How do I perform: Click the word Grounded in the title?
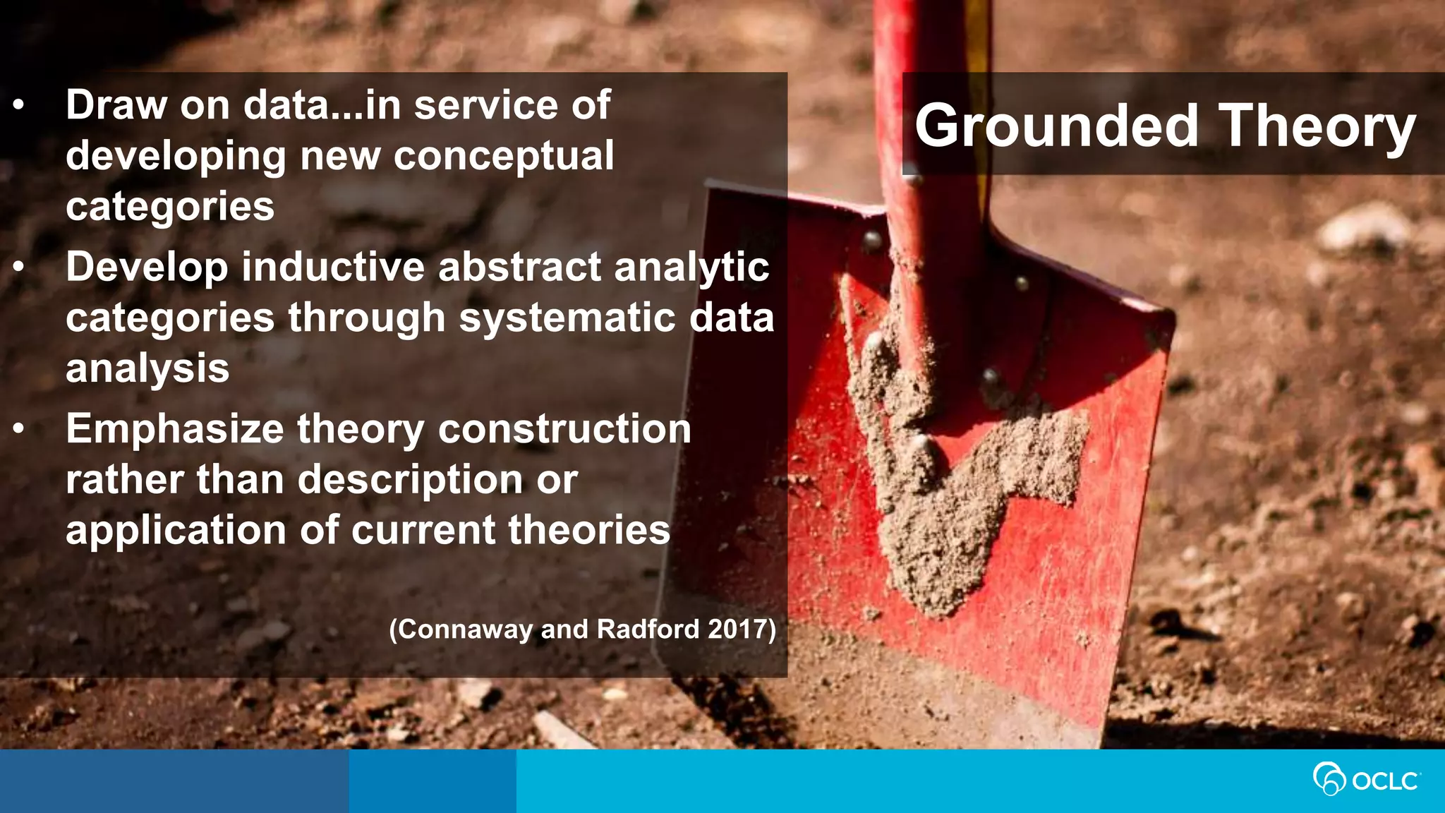[x=1056, y=126]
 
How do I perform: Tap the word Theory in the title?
[x=1317, y=126]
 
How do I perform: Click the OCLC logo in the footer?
[x=1367, y=780]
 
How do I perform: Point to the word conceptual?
[x=504, y=156]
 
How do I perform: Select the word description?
[x=410, y=481]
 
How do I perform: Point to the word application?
[x=176, y=531]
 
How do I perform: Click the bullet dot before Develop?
[x=19, y=267]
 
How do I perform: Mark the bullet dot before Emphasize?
[x=19, y=429]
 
